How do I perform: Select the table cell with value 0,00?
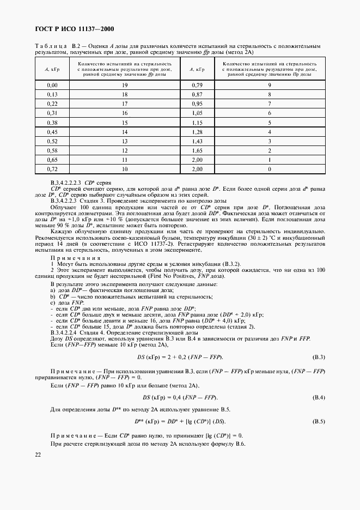(52, 86)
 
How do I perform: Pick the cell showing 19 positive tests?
(125, 86)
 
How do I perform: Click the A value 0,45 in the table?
(52, 132)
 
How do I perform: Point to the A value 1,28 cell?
(197, 132)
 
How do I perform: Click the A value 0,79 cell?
(197, 86)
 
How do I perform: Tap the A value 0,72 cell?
(52, 169)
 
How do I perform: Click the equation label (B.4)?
(318, 397)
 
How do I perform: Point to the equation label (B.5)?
(318, 422)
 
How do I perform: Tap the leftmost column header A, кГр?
(52, 69)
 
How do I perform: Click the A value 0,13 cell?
(52, 95)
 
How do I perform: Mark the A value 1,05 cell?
(197, 113)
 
